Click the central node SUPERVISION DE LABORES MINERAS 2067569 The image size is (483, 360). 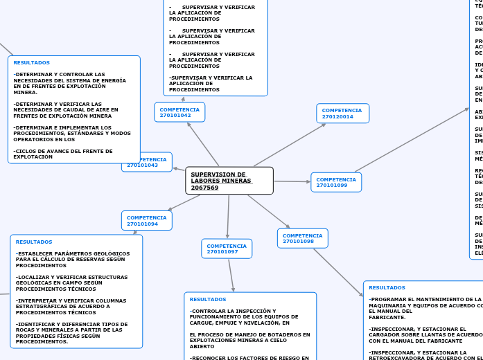(x=229, y=181)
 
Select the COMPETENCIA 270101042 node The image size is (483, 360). (x=179, y=112)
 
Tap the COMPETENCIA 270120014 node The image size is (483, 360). (x=342, y=113)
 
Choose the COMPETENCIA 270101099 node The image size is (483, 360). (x=336, y=182)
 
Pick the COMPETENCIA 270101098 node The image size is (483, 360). (x=302, y=238)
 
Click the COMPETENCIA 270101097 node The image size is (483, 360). (x=227, y=249)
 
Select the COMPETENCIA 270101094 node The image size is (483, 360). (x=146, y=220)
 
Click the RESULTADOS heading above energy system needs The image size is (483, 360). (x=31, y=62)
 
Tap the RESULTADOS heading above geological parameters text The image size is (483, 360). (x=34, y=242)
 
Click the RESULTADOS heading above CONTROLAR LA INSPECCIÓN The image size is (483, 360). (x=208, y=299)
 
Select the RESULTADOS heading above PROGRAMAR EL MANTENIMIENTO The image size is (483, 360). (x=387, y=287)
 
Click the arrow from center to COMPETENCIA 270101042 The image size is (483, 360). (x=203, y=144)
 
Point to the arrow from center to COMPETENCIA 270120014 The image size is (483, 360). (x=290, y=145)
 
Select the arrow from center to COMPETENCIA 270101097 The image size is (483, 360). (x=228, y=217)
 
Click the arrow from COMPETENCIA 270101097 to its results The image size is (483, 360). (x=232, y=276)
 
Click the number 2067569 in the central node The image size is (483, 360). (x=204, y=188)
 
